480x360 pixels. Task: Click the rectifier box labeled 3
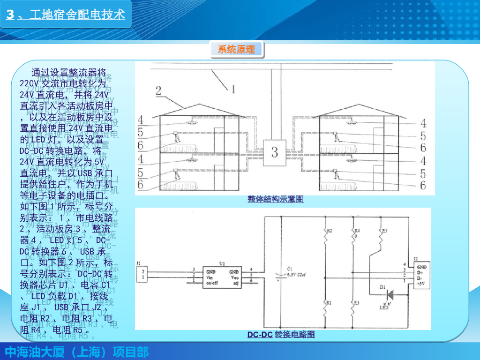click(x=275, y=152)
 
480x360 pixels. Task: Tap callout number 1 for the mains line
click(x=232, y=87)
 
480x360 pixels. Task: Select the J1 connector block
click(x=144, y=275)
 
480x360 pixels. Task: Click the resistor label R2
click(x=329, y=231)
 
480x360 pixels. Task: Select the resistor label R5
click(x=385, y=231)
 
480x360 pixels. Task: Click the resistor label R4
click(x=357, y=231)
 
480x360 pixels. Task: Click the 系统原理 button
click(x=236, y=49)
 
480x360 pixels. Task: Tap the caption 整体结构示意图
click(x=276, y=199)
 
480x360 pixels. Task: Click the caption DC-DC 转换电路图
click(x=281, y=335)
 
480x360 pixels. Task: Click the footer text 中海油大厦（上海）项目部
click(x=76, y=352)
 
